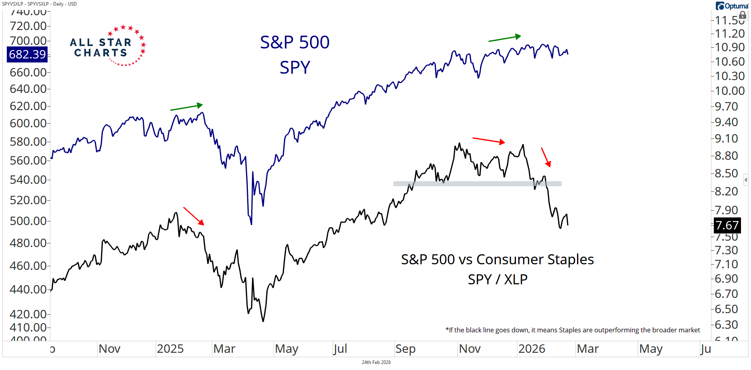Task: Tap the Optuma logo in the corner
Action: (x=732, y=6)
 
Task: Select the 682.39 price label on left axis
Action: (x=27, y=54)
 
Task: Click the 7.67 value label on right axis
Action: (x=727, y=225)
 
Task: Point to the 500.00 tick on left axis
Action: (x=28, y=221)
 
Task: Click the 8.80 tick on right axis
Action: (x=726, y=155)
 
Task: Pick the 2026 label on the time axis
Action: (x=531, y=349)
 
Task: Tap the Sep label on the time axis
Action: (x=405, y=349)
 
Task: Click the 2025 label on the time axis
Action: (x=170, y=349)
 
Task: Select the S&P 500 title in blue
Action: (x=295, y=42)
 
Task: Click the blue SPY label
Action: (x=295, y=67)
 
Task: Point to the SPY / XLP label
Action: (x=497, y=279)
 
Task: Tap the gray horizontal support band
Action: (x=477, y=184)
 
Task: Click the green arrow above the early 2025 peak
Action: (x=186, y=107)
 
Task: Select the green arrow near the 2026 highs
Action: (x=505, y=38)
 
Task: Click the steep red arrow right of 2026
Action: (x=546, y=157)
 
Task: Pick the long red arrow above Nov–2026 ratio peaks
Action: (x=489, y=140)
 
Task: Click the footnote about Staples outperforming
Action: (x=573, y=330)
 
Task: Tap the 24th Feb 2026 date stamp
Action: (x=376, y=362)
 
